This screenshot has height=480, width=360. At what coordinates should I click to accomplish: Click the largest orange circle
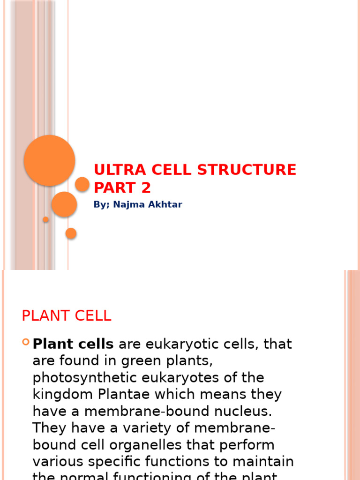(49, 160)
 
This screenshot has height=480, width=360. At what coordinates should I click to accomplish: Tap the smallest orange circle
(46, 219)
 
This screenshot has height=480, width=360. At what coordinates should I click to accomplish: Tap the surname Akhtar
(164, 204)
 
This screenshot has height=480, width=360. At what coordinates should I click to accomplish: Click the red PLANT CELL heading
(67, 316)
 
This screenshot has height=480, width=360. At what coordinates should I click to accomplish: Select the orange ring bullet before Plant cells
(26, 343)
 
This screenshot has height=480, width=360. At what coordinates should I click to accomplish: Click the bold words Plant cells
(73, 344)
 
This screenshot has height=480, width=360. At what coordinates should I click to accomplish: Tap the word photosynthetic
(80, 378)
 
